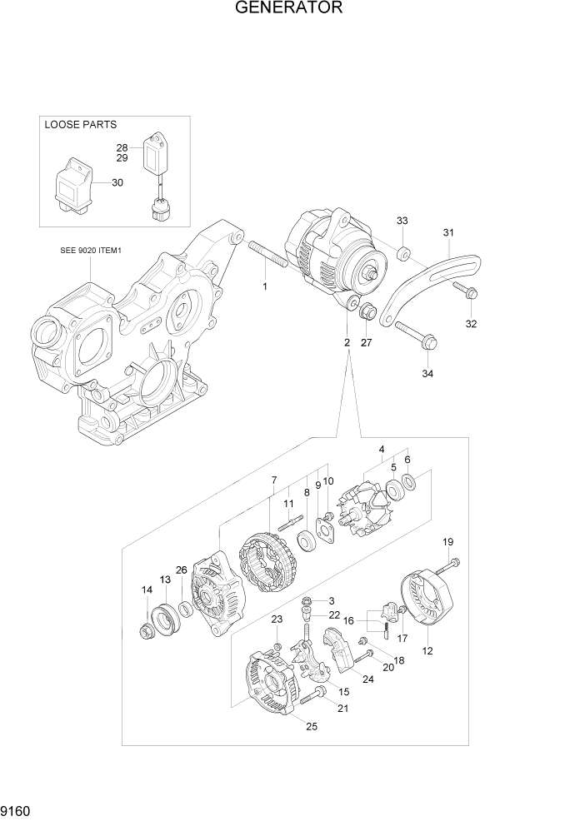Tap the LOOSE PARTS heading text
(x=80, y=125)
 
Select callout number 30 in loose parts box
(x=117, y=182)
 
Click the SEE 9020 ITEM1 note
(x=91, y=249)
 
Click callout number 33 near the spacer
(x=402, y=221)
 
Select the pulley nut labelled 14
(x=146, y=633)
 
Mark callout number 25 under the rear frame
(x=312, y=727)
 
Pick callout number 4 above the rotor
(x=382, y=450)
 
